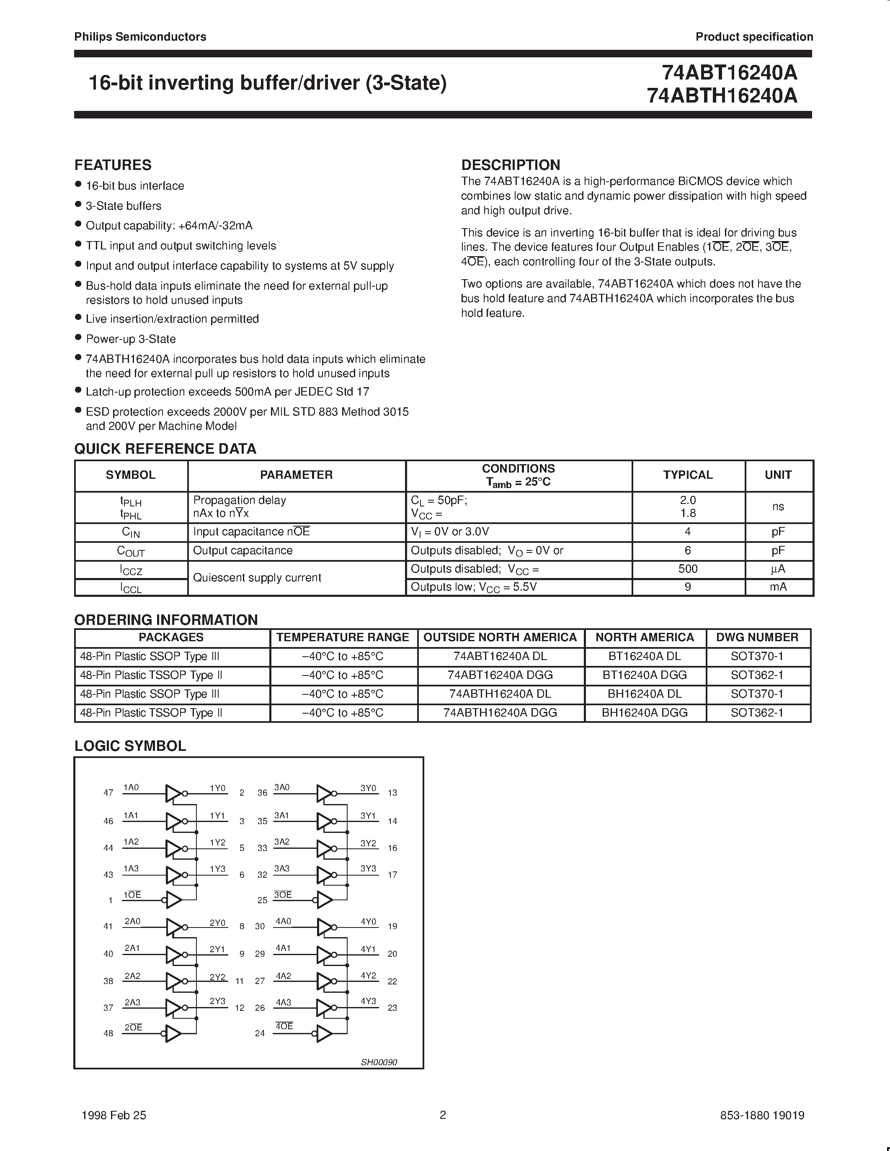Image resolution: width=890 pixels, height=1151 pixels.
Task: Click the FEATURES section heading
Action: [113, 165]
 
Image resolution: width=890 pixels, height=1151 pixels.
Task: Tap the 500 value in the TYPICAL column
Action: [688, 569]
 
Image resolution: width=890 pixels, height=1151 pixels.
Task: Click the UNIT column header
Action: [778, 475]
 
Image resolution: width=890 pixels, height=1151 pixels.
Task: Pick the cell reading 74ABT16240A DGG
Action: [500, 675]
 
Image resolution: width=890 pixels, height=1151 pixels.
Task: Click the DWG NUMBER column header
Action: [757, 637]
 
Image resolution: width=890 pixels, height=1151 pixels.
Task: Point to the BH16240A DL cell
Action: [644, 694]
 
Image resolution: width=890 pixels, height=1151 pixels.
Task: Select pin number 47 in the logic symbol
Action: [108, 793]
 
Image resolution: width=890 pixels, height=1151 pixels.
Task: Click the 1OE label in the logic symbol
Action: [132, 895]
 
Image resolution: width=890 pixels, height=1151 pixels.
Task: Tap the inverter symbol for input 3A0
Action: [324, 793]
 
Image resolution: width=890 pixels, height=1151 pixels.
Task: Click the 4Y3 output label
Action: [368, 1001]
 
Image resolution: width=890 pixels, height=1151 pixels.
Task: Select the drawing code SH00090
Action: [379, 1062]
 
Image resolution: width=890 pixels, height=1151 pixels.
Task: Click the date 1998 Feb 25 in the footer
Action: [114, 1115]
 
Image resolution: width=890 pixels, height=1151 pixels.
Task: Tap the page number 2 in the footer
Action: [443, 1115]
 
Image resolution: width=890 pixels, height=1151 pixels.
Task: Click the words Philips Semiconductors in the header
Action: [140, 37]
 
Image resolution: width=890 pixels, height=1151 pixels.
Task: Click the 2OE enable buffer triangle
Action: [173, 1033]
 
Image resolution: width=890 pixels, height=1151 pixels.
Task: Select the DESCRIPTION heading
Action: [511, 165]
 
